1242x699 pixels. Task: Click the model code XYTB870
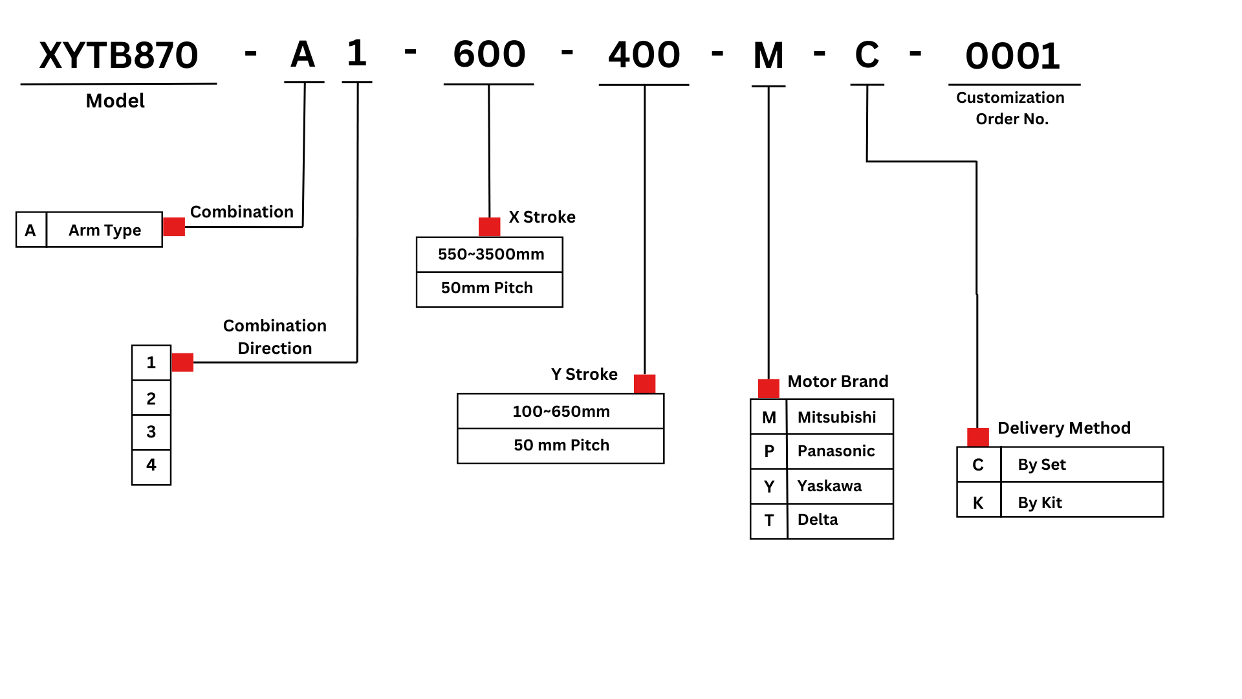(x=118, y=56)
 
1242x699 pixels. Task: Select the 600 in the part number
(x=489, y=54)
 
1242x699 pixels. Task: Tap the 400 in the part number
(x=644, y=55)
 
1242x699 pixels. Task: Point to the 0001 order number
(x=1012, y=56)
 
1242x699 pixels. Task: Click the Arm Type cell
(x=105, y=230)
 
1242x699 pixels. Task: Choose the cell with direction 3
(x=151, y=432)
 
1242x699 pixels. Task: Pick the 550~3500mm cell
(x=490, y=254)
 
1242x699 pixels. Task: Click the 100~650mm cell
(x=561, y=411)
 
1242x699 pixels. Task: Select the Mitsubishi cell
(x=839, y=417)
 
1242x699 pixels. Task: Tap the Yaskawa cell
(x=839, y=485)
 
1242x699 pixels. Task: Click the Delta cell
(x=839, y=520)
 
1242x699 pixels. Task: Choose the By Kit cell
(x=1081, y=502)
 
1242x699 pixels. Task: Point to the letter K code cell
(x=978, y=502)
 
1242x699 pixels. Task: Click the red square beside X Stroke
(x=489, y=227)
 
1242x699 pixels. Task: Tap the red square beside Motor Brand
(x=768, y=389)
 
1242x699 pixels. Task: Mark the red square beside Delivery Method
(x=978, y=437)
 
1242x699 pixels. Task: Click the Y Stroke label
(x=584, y=374)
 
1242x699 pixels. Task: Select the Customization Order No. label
(x=1011, y=108)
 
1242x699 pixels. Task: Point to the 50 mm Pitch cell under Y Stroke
(x=561, y=445)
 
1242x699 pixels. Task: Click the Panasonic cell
(x=839, y=451)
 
